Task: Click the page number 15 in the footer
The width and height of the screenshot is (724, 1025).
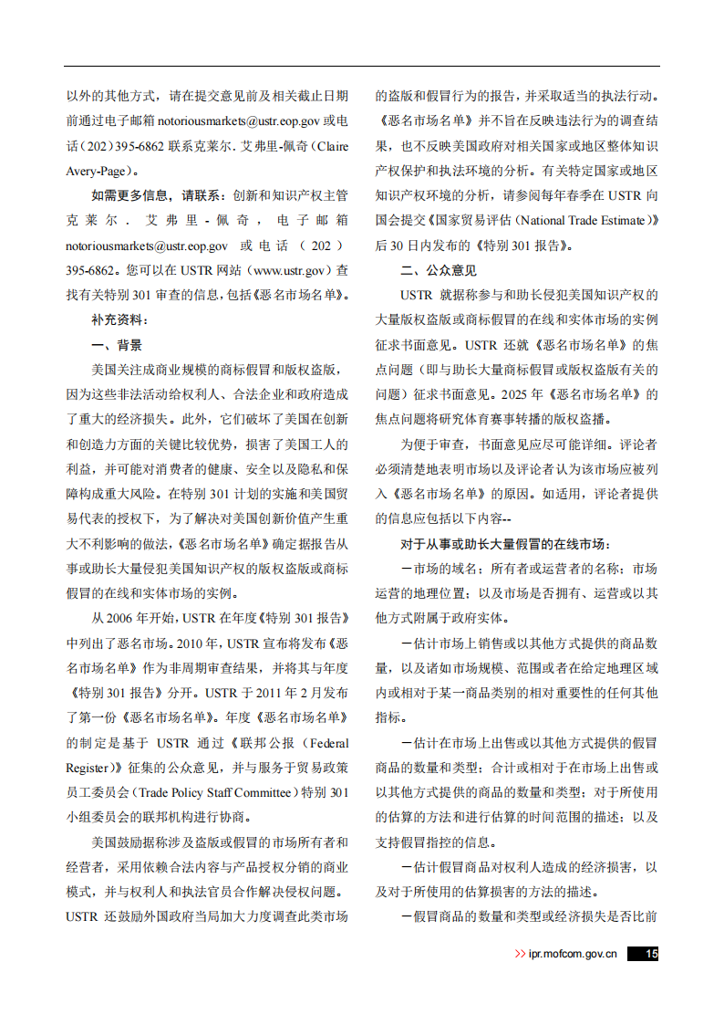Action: tap(650, 954)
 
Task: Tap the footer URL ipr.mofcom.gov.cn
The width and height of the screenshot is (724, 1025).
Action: tap(574, 954)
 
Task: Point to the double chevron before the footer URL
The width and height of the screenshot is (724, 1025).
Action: tap(520, 954)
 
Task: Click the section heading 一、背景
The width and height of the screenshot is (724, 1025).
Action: tap(117, 345)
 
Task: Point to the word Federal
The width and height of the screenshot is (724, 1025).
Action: tap(324, 743)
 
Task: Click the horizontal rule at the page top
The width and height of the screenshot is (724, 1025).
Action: tap(361, 66)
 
